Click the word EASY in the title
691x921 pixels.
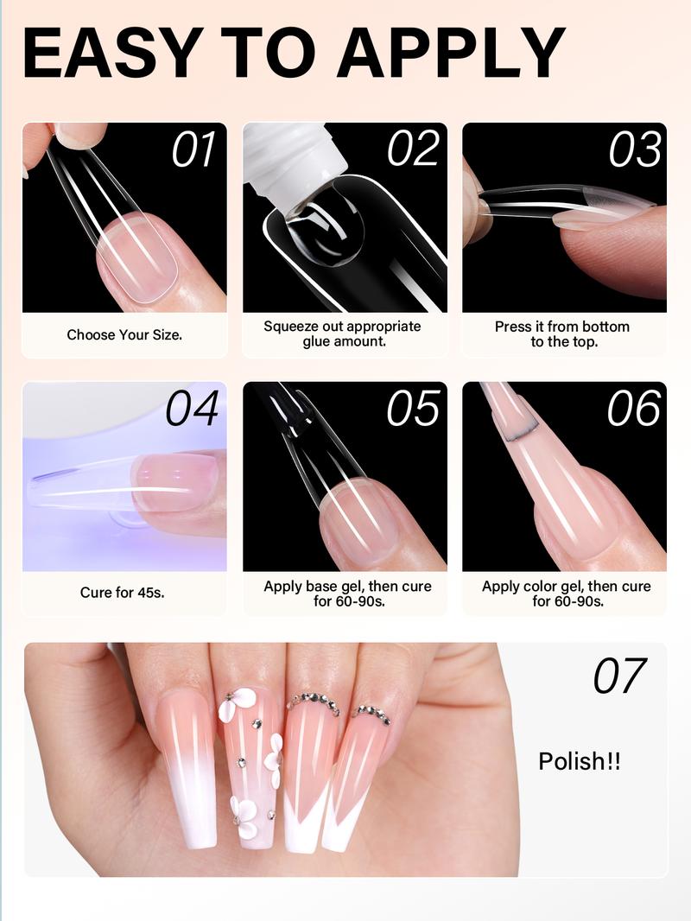(110, 54)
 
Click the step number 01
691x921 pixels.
(193, 150)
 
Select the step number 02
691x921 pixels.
(414, 150)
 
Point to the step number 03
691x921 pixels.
(635, 150)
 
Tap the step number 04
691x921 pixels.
(193, 409)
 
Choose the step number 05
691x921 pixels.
(414, 409)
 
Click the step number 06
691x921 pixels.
(635, 409)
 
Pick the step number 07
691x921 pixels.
(620, 676)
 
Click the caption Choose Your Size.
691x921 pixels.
(124, 334)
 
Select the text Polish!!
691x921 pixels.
(580, 761)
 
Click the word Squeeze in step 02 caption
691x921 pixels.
(288, 327)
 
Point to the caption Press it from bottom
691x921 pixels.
(561, 327)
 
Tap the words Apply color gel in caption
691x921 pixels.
(532, 586)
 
